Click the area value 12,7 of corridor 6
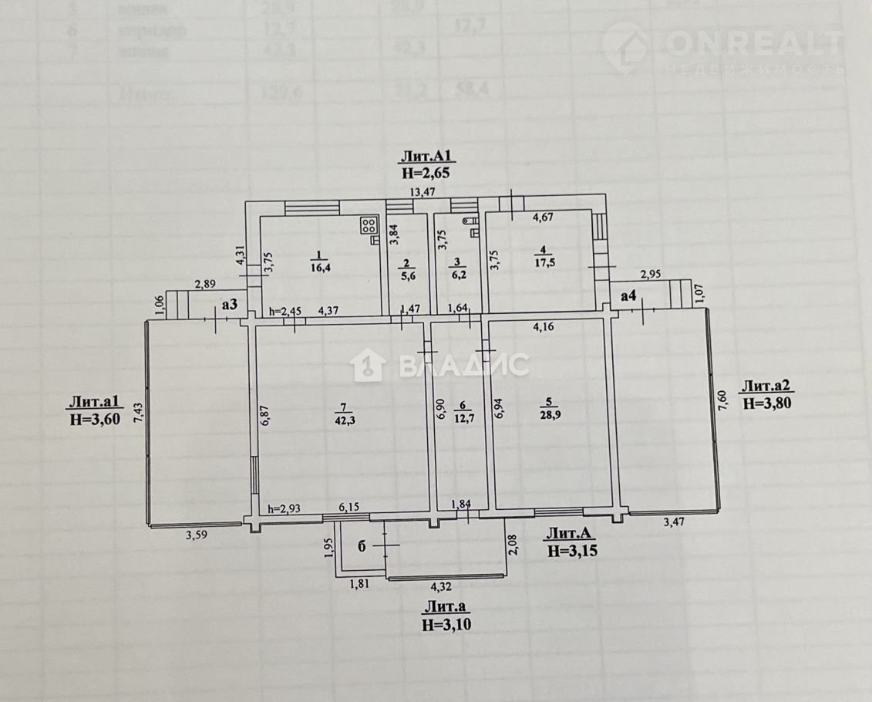point(462,420)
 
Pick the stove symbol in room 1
point(369,226)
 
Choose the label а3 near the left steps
point(230,305)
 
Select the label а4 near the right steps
point(628,295)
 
